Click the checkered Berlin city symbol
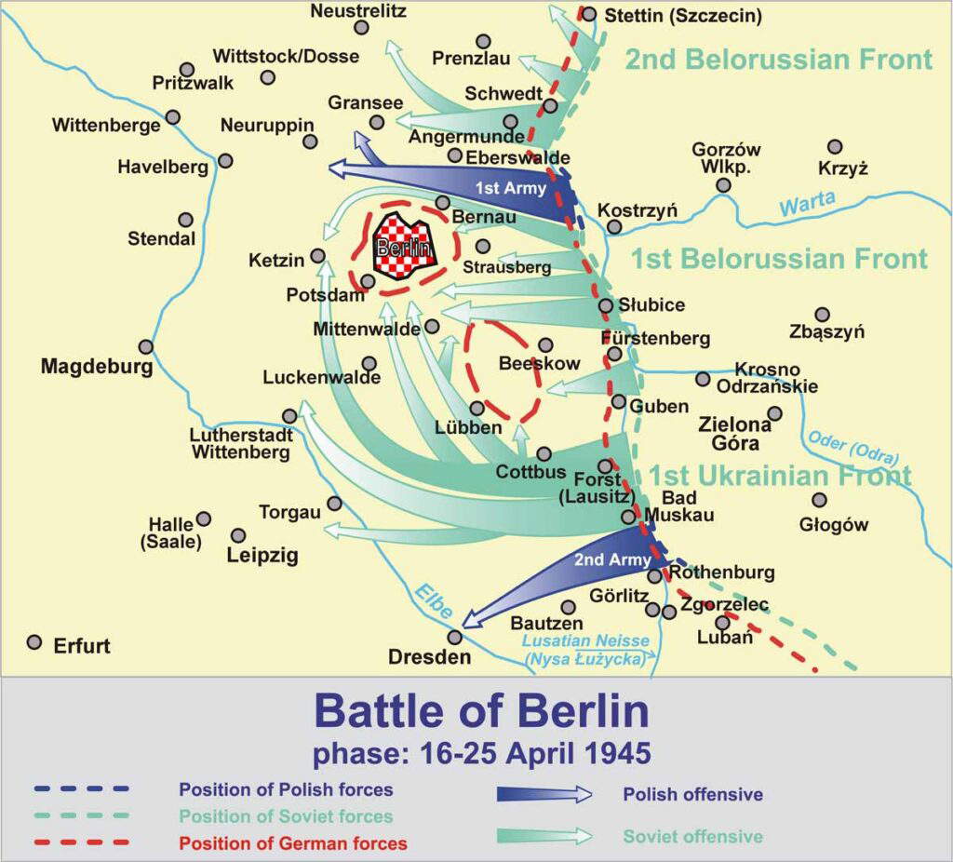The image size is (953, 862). tap(403, 247)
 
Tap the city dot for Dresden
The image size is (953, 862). tap(455, 638)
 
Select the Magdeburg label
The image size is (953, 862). tap(96, 367)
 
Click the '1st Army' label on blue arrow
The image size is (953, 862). tap(503, 188)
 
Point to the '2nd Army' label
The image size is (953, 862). tap(599, 559)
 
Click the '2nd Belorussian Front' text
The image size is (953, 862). tap(778, 60)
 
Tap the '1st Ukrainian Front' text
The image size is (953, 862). tap(780, 475)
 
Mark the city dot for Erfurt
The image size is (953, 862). tap(34, 642)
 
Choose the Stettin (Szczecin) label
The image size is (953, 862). tap(682, 16)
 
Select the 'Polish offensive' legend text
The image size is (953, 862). tap(692, 795)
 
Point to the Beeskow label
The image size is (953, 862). tap(539, 364)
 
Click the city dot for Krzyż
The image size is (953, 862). tap(835, 147)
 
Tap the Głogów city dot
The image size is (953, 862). tap(819, 501)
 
